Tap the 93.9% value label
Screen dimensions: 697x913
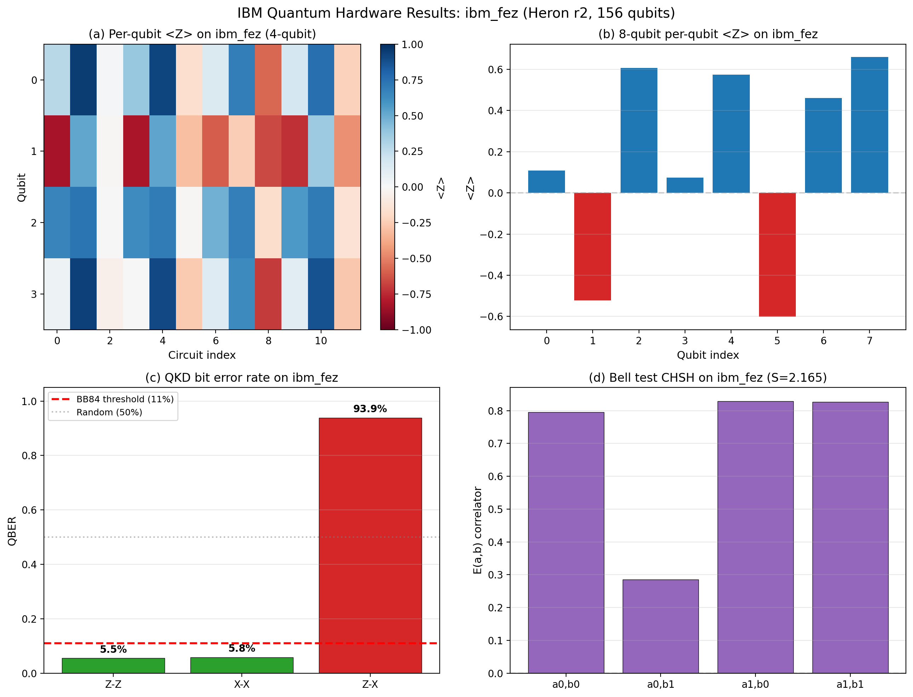point(370,409)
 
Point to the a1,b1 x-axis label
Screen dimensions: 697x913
point(850,684)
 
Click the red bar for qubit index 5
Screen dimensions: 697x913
point(777,254)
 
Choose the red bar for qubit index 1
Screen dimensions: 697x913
point(592,247)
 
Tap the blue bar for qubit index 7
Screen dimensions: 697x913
point(869,125)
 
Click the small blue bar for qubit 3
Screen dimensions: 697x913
point(685,185)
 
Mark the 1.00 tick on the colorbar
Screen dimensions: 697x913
point(412,44)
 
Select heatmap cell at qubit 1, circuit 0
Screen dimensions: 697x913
point(57,151)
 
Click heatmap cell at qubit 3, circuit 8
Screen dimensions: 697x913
point(268,294)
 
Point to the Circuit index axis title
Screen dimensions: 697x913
point(202,355)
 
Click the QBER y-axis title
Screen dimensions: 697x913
point(12,531)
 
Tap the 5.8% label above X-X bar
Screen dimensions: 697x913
point(241,649)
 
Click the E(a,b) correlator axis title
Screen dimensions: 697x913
point(477,530)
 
